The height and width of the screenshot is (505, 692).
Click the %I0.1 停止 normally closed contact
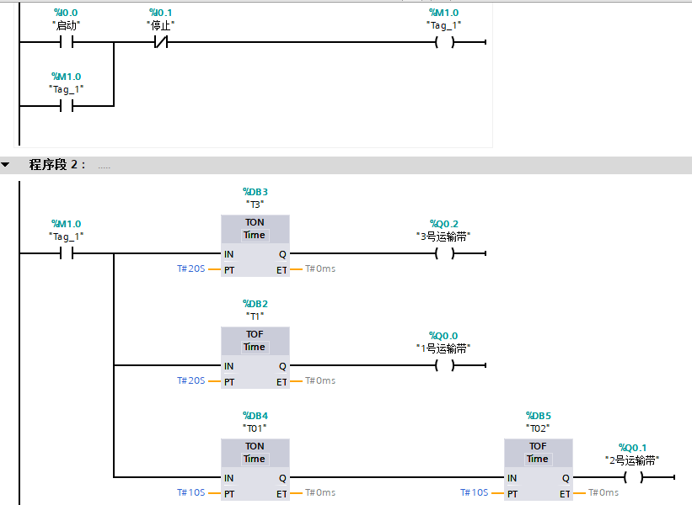pyautogui.click(x=160, y=43)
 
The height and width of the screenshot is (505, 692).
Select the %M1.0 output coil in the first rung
pyautogui.click(x=444, y=43)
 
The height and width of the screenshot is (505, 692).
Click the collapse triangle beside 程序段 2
pyautogui.click(x=7, y=165)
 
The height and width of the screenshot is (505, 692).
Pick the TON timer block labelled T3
pyautogui.click(x=255, y=245)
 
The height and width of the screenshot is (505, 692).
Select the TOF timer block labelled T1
pyautogui.click(x=255, y=357)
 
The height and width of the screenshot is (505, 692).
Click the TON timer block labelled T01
pyautogui.click(x=255, y=469)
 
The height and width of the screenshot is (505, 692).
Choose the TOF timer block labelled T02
pyautogui.click(x=538, y=469)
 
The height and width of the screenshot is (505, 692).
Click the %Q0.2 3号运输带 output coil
pyautogui.click(x=444, y=253)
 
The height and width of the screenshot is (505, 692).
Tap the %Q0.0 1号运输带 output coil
pyautogui.click(x=444, y=365)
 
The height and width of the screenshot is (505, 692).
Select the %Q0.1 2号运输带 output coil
pyautogui.click(x=633, y=477)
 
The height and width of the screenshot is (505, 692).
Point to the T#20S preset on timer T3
pyautogui.click(x=191, y=268)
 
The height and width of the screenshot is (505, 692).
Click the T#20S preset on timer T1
pyautogui.click(x=191, y=380)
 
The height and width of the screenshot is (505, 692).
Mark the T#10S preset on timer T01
pyautogui.click(x=191, y=492)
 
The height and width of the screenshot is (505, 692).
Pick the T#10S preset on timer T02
pyautogui.click(x=475, y=492)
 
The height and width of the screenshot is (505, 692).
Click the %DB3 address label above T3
pyautogui.click(x=255, y=192)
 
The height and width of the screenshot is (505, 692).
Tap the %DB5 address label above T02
pyautogui.click(x=538, y=416)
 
